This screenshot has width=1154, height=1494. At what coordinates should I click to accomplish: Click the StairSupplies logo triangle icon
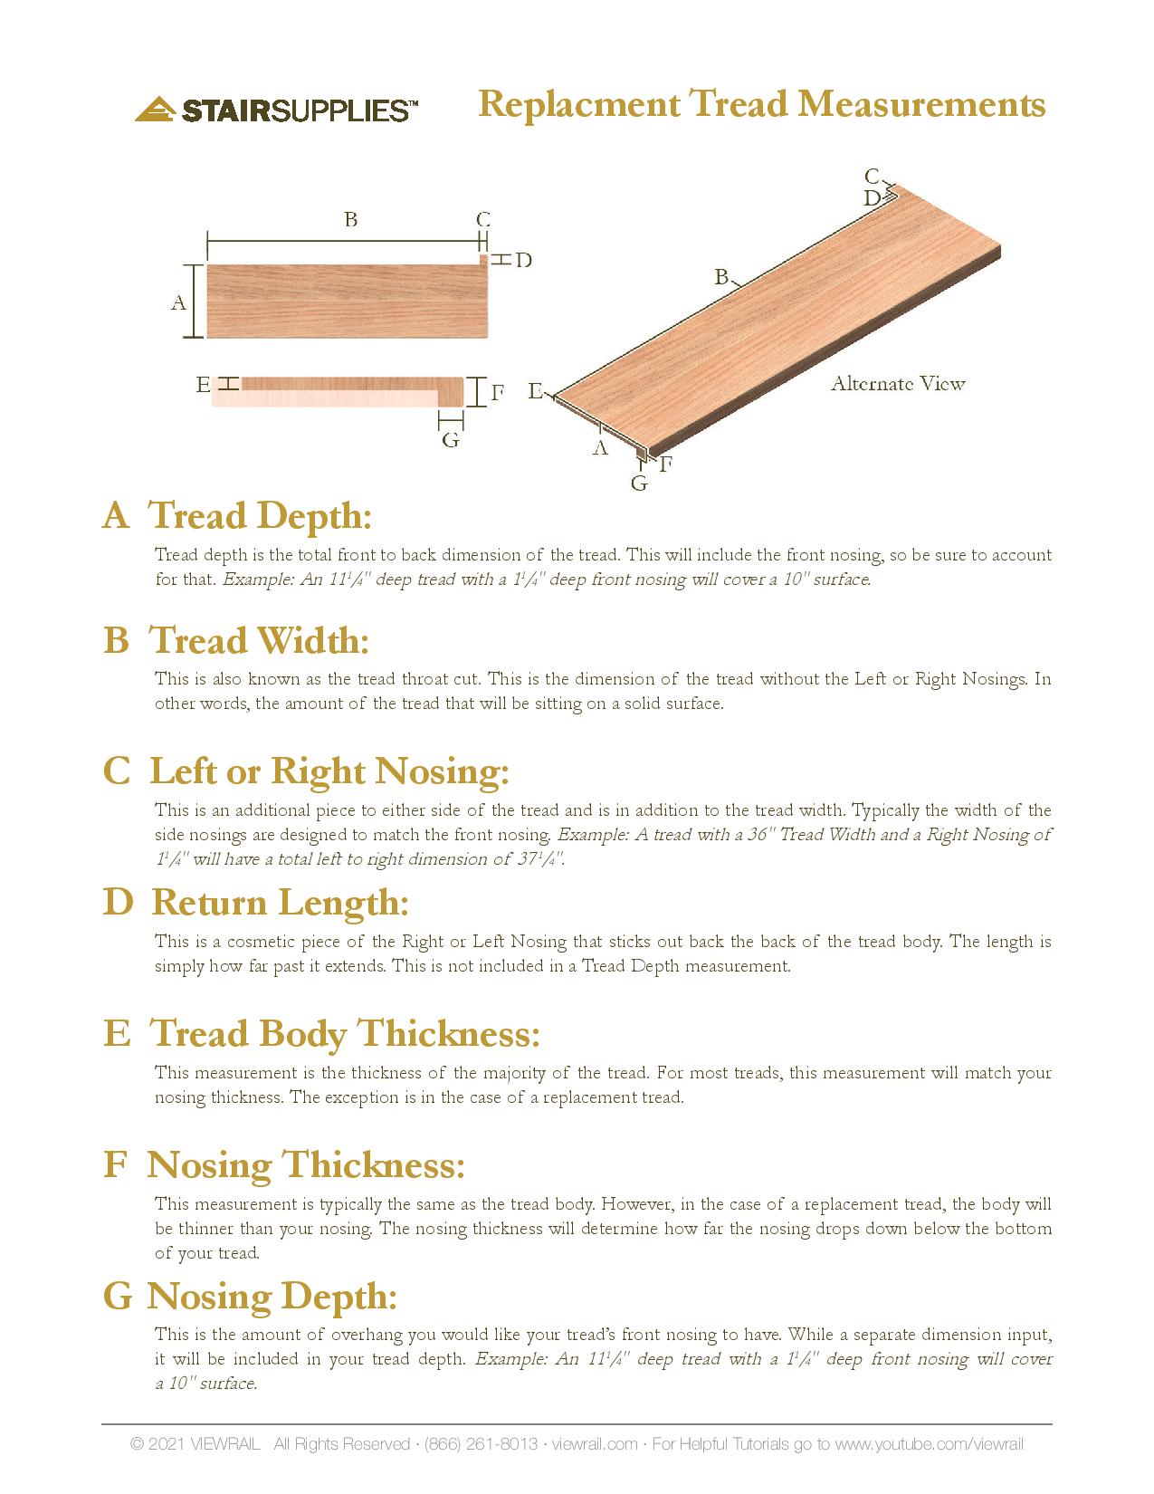coord(154,110)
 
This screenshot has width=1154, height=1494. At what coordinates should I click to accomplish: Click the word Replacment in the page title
coord(578,104)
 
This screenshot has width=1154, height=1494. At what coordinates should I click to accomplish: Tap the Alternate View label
coord(898,384)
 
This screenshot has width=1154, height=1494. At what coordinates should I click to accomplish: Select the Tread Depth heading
coord(260,516)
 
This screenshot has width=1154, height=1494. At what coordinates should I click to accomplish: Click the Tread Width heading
coord(259,641)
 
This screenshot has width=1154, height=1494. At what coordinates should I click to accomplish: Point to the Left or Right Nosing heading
coord(329,771)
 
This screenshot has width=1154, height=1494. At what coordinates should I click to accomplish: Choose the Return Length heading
coord(280,903)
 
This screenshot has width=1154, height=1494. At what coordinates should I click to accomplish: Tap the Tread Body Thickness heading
coord(344,1034)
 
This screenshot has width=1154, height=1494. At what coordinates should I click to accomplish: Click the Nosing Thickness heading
coord(306,1165)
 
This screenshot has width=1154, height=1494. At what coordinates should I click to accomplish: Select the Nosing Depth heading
coord(272,1297)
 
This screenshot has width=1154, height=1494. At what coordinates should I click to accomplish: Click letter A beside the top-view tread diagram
coord(178,302)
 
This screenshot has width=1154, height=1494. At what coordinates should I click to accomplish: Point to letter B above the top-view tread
coord(350,219)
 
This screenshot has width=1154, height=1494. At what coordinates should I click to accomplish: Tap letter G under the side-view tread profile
coord(450,441)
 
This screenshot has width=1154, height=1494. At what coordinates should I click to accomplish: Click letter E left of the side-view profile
coord(203,386)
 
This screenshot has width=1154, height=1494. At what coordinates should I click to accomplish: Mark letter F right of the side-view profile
coord(497,393)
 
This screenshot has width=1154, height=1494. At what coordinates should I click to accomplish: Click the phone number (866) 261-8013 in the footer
coord(481,1443)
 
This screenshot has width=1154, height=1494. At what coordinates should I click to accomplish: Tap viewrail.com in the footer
coord(594,1443)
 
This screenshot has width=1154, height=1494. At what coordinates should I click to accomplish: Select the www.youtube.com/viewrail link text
coord(929,1443)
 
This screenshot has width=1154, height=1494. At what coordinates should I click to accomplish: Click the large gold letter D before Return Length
coord(118,903)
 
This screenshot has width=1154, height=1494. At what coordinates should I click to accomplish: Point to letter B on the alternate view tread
coord(721,277)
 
